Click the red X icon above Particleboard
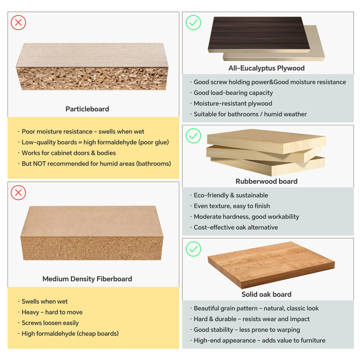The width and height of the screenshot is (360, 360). tap(18, 22)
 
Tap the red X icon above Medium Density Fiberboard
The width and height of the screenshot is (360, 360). tap(18, 193)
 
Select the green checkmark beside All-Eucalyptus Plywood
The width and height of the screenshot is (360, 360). tap(193, 22)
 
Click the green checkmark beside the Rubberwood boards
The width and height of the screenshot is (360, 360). tap(193, 136)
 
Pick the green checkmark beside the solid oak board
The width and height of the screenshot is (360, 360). tap(193, 249)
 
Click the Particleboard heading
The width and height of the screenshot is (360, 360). tap(87, 109)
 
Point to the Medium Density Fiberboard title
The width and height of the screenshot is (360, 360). tap(87, 279)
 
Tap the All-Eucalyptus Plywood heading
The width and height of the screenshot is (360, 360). tap(267, 68)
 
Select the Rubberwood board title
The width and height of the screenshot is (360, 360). tap(267, 181)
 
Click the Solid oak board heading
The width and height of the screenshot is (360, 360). tap(267, 294)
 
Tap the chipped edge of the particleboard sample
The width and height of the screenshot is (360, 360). tap(92, 78)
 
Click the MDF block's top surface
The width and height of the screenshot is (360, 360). tap(92, 221)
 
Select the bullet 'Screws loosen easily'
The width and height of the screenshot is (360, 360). tap(50, 323)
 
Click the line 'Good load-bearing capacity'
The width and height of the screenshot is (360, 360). tap(233, 93)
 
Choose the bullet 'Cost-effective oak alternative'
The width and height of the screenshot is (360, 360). tap(236, 227)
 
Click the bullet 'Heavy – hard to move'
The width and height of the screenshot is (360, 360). tap(52, 312)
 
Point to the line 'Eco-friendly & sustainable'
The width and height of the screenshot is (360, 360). tap(231, 195)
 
